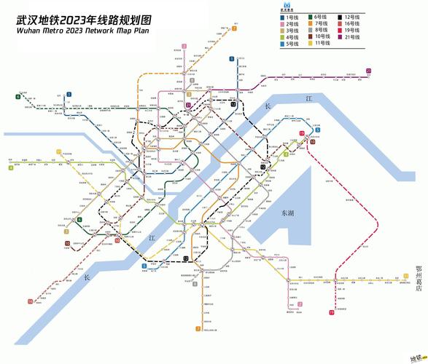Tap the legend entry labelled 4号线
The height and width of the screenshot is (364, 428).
tap(292, 37)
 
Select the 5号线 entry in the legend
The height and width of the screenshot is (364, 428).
tap(292, 44)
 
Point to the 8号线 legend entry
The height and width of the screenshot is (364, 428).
tap(319, 30)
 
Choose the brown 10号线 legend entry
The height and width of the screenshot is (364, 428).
tap(319, 37)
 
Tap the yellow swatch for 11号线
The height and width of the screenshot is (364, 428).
tap(310, 44)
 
